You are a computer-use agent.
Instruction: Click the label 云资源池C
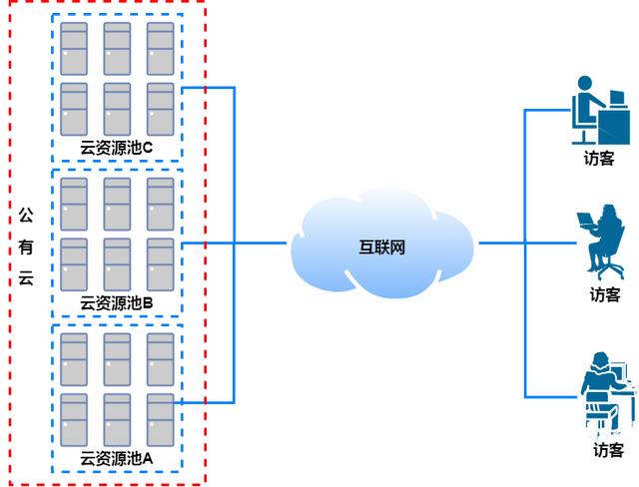116,148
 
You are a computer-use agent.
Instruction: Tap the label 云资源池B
116,302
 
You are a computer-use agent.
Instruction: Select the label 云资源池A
116,458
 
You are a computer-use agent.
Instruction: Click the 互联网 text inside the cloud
382,247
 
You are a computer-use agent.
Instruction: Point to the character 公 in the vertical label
27,215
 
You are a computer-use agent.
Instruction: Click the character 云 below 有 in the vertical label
27,278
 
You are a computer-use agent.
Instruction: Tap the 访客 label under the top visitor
599,159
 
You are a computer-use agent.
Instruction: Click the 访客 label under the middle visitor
604,295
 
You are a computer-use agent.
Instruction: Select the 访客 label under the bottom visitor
607,450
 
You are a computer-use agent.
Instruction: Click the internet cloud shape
381,244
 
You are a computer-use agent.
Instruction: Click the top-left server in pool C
73,48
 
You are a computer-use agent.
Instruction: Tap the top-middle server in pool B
117,204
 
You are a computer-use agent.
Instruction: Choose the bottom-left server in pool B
73,263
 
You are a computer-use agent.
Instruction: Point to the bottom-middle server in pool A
117,419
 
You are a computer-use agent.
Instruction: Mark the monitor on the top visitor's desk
617,101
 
